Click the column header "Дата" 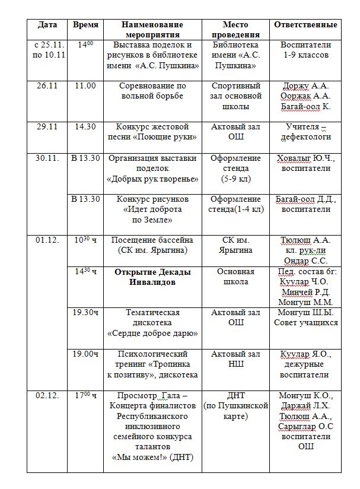[47, 25]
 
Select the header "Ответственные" [306, 25]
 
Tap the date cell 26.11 [47, 85]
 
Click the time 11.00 [85, 85]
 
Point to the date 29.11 [47, 127]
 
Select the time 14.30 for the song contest [85, 127]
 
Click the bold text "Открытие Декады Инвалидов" [153, 277]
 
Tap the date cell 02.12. [47, 395]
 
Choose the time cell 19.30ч [85, 313]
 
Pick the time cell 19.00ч [85, 354]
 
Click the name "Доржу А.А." [306, 85]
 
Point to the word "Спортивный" [235, 85]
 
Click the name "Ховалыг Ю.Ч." [306, 158]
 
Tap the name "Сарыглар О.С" [306, 426]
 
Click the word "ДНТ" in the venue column [235, 395]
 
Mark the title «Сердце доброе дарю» [153, 333]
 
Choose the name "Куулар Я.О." [306, 354]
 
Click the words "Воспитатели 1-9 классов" [306, 50]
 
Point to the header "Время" [85, 25]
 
